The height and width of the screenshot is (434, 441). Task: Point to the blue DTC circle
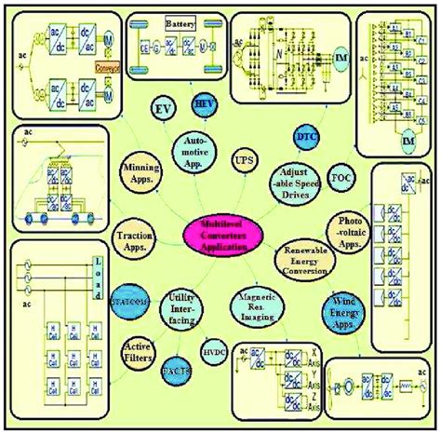click(x=306, y=136)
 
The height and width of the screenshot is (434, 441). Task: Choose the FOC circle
click(x=341, y=177)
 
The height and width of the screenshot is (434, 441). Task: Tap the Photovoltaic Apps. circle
click(x=351, y=227)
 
